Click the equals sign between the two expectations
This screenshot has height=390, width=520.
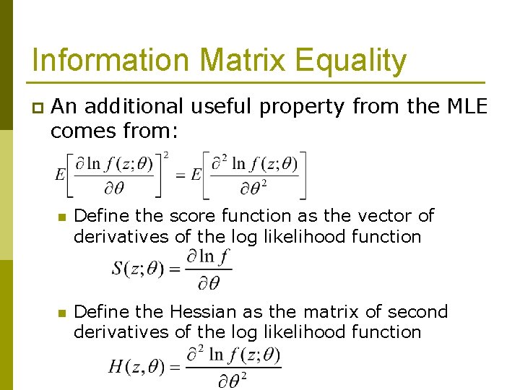181,175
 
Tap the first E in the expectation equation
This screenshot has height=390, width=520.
61,175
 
